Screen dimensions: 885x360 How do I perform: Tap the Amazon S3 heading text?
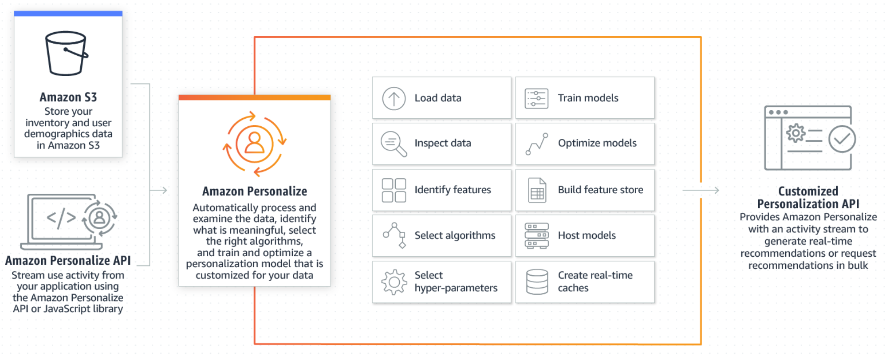pyautogui.click(x=68, y=97)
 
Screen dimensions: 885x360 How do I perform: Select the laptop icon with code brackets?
pyautogui.click(x=62, y=222)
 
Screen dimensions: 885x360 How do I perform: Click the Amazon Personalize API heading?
pyautogui.click(x=68, y=261)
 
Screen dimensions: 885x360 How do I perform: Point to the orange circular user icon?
pyautogui.click(x=254, y=144)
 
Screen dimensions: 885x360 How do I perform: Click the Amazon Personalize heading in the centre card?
pyautogui.click(x=254, y=191)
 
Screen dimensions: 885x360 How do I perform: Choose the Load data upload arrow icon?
pyautogui.click(x=394, y=98)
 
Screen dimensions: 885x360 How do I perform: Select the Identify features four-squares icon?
pyautogui.click(x=394, y=190)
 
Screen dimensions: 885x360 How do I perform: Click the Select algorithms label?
pyautogui.click(x=455, y=235)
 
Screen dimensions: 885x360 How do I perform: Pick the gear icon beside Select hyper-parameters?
pyautogui.click(x=394, y=282)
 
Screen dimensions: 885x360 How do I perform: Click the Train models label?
pyautogui.click(x=588, y=98)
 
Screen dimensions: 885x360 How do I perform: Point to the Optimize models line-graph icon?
pyautogui.click(x=537, y=144)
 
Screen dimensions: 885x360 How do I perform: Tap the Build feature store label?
pyautogui.click(x=600, y=190)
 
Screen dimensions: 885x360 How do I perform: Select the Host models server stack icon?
pyautogui.click(x=537, y=236)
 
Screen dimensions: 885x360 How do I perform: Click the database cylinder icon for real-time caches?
pyautogui.click(x=537, y=282)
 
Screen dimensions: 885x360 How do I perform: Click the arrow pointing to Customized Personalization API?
pyautogui.click(x=700, y=190)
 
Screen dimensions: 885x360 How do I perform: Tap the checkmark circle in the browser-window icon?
pyautogui.click(x=842, y=139)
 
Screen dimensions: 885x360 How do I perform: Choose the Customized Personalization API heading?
pyautogui.click(x=808, y=197)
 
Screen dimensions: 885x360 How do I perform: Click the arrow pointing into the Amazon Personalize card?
pyautogui.click(x=158, y=190)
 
